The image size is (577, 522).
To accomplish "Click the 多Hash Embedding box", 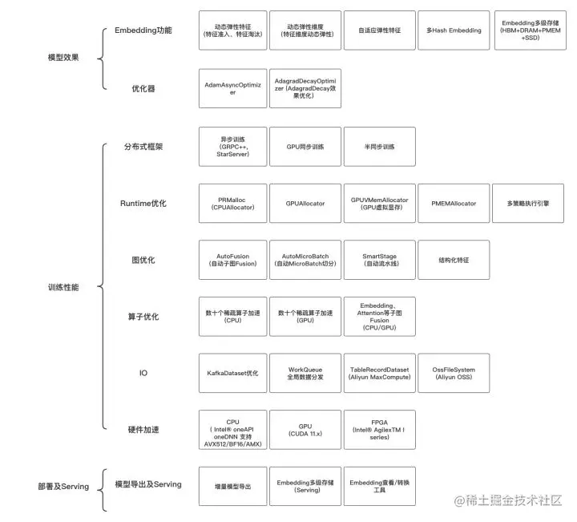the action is pyautogui.click(x=453, y=30).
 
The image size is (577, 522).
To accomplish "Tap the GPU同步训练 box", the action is pyautogui.click(x=305, y=147).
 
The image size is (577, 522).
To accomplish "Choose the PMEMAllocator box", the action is pyautogui.click(x=453, y=204).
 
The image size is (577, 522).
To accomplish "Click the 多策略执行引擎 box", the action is pyautogui.click(x=528, y=204).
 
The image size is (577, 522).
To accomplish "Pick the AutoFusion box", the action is pyautogui.click(x=233, y=260).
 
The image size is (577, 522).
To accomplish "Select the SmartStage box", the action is pyautogui.click(x=380, y=260).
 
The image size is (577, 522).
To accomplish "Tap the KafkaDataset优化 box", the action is pyautogui.click(x=233, y=373).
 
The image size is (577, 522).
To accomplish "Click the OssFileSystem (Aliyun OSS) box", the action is pyautogui.click(x=453, y=373).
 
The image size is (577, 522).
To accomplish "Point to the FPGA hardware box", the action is pyautogui.click(x=380, y=430).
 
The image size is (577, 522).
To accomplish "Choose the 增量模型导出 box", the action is pyautogui.click(x=233, y=486).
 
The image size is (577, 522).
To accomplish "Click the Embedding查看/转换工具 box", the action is pyautogui.click(x=380, y=486).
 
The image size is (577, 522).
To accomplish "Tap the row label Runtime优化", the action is pyautogui.click(x=143, y=204).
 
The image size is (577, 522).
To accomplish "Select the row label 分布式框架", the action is pyautogui.click(x=143, y=147).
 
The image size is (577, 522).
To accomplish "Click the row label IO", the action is pyautogui.click(x=143, y=373).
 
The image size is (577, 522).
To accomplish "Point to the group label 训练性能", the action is pyautogui.click(x=63, y=287).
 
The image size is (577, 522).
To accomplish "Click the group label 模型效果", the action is pyautogui.click(x=63, y=59).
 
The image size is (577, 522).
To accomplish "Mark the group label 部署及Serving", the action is pyautogui.click(x=63, y=486).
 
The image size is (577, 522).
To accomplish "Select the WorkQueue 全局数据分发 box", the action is pyautogui.click(x=305, y=373).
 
